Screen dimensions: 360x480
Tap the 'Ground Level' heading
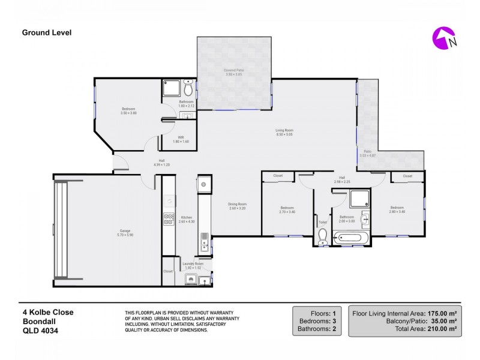[x=47, y=33]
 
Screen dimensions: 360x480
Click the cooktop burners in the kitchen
[x=169, y=219]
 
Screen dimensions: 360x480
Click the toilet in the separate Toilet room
[x=323, y=238]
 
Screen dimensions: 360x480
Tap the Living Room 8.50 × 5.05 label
[x=283, y=133]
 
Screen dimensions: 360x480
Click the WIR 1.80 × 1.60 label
[x=181, y=139]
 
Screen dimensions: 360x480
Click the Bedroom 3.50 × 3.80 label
[x=129, y=111]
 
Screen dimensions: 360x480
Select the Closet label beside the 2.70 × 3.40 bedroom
[x=278, y=176]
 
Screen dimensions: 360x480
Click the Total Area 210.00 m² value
[x=443, y=329]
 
